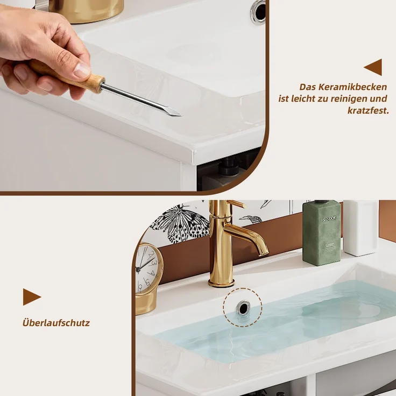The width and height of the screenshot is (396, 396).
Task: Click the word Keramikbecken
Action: (x=352, y=87)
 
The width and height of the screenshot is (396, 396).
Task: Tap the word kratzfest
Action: (x=368, y=110)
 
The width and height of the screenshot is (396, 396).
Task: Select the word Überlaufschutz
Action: (x=56, y=323)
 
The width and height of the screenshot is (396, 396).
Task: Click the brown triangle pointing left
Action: (x=373, y=67)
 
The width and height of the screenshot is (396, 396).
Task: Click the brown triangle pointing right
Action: (x=32, y=297)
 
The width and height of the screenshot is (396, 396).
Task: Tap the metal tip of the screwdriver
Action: (x=174, y=112)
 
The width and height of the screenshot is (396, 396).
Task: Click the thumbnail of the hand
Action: (x=82, y=69)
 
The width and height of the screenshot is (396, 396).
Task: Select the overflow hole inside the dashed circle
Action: (x=243, y=307)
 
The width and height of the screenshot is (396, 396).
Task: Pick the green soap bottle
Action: (x=322, y=232)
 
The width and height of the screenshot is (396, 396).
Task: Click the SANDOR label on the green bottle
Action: (x=329, y=219)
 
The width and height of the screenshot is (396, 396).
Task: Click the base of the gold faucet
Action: (x=221, y=282)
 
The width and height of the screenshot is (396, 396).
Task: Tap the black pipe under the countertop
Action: (x=227, y=166)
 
